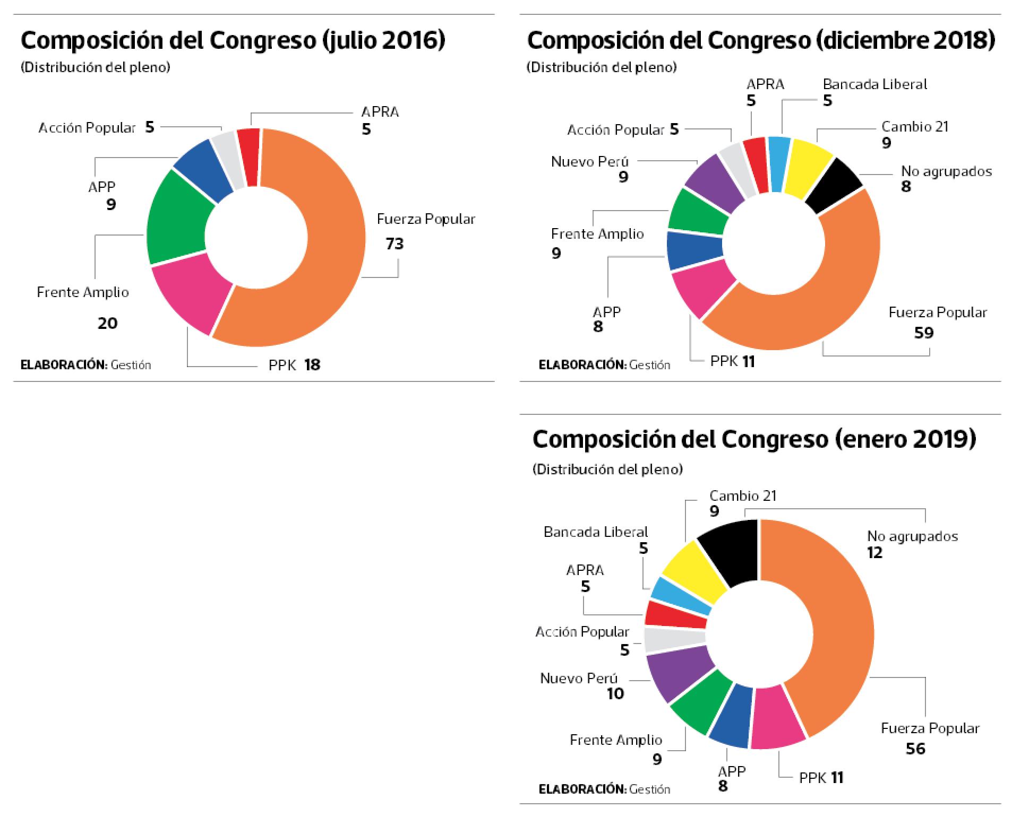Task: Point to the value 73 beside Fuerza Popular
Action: point(394,244)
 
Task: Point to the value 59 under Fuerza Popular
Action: point(924,333)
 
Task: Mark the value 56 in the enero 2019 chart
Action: point(915,749)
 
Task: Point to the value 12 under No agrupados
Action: point(874,552)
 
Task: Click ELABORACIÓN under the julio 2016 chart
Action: point(64,365)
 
